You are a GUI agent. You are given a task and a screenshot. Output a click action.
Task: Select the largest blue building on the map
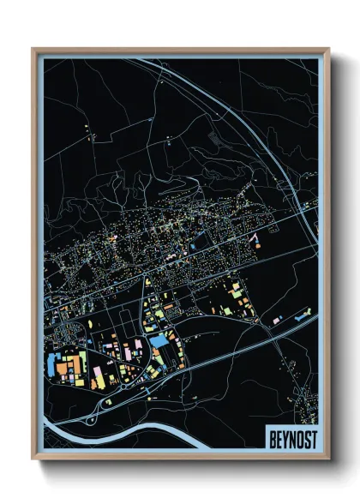[x=159, y=341]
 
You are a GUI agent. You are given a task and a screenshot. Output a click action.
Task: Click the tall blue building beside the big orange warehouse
[x=61, y=365]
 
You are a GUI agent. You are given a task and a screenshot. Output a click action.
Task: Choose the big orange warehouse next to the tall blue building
[x=74, y=365]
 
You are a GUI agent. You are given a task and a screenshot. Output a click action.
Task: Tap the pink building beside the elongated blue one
[x=276, y=321]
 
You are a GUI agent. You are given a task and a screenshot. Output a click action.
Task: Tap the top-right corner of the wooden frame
[x=327, y=50]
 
